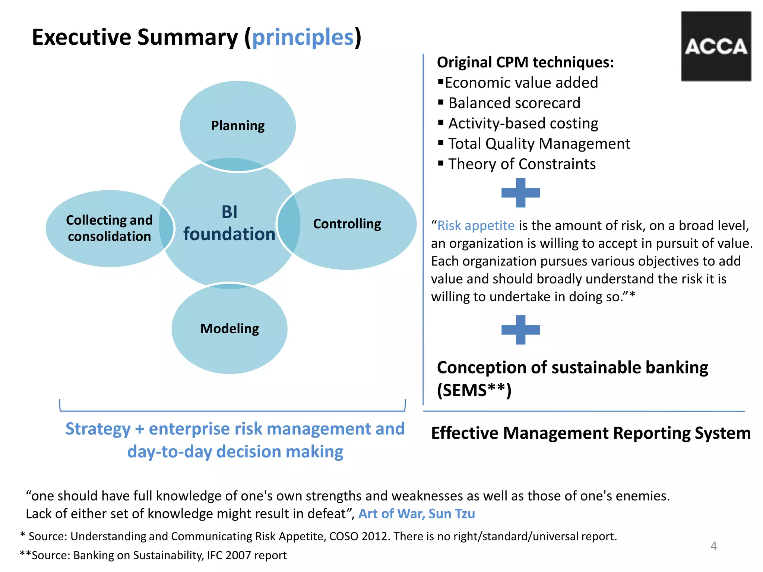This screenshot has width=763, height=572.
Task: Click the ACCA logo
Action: click(x=716, y=46)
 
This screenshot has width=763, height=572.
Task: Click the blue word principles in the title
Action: click(x=303, y=37)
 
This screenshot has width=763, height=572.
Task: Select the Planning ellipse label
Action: click(x=238, y=126)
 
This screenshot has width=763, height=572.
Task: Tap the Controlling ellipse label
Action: click(x=347, y=224)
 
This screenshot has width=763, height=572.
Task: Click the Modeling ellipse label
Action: click(x=229, y=329)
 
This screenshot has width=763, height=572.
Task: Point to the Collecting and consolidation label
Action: click(x=109, y=228)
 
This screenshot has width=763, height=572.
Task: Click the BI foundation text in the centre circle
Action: click(x=229, y=223)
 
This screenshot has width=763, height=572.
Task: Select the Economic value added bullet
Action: click(x=521, y=83)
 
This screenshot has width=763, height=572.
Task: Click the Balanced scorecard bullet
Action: click(x=514, y=103)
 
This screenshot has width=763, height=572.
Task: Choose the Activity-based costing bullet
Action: click(x=523, y=123)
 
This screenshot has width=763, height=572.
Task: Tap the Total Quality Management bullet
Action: click(x=539, y=144)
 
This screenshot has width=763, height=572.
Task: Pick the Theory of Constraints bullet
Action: click(x=522, y=164)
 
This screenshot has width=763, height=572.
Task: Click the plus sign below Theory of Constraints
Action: click(x=520, y=193)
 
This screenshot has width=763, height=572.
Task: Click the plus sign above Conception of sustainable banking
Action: click(x=520, y=330)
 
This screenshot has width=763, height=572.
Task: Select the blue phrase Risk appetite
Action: click(x=476, y=226)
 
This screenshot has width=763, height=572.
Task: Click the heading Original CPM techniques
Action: click(x=525, y=62)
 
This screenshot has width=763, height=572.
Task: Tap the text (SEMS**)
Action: click(x=474, y=390)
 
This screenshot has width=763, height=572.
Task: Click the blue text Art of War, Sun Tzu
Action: click(x=417, y=514)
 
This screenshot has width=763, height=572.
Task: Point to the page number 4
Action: click(x=713, y=546)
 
